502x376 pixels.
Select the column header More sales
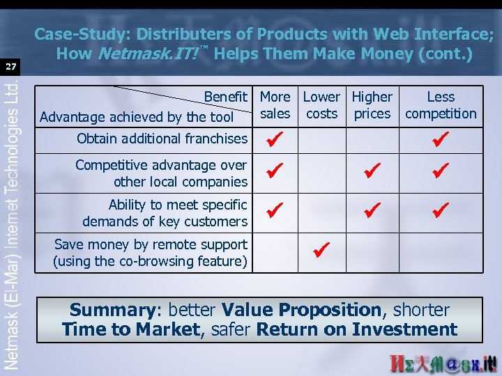click(275, 105)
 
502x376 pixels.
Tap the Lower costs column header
click(321, 105)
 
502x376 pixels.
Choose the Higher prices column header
click(372, 105)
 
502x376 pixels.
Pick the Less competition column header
click(441, 105)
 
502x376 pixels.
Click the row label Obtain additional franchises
click(162, 139)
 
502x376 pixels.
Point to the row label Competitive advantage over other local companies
click(161, 173)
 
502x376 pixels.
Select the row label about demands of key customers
click(165, 213)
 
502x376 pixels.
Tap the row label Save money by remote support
click(150, 253)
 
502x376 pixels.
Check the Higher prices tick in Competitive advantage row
click(372, 170)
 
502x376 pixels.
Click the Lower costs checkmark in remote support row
click(321, 249)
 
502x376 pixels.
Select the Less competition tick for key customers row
click(440, 209)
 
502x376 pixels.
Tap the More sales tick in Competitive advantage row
click(275, 170)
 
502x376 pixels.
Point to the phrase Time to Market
click(130, 330)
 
